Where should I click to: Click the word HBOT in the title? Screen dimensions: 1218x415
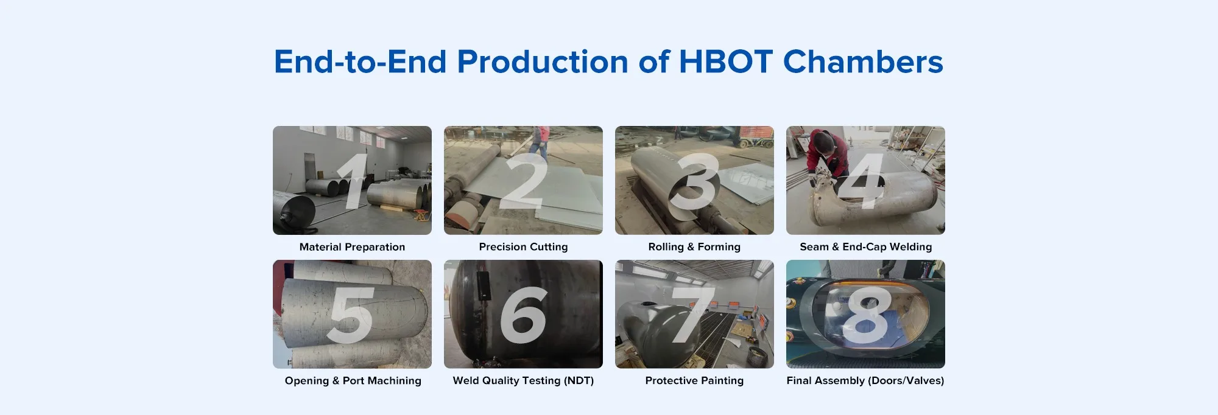point(725,62)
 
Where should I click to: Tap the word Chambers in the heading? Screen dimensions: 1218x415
point(863,62)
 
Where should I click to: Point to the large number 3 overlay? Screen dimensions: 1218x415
point(695,181)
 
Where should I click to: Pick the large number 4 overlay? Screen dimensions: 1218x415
point(864,181)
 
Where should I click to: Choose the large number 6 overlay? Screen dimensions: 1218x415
point(524,315)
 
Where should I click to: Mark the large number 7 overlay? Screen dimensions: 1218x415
point(692,315)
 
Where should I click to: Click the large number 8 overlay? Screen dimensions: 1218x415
point(867,315)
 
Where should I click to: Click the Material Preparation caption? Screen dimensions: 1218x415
point(352,247)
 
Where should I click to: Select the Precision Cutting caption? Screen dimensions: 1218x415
point(523,247)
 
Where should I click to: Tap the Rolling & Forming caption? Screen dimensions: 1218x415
point(694,247)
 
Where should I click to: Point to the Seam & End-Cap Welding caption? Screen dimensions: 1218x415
point(865,247)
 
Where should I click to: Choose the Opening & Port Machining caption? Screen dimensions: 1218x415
point(353,381)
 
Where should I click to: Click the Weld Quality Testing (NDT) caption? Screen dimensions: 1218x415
point(523,381)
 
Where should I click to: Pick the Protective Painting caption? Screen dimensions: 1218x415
point(694,381)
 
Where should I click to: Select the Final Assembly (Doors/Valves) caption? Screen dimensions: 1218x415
point(865,381)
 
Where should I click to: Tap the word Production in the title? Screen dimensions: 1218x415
point(543,62)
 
